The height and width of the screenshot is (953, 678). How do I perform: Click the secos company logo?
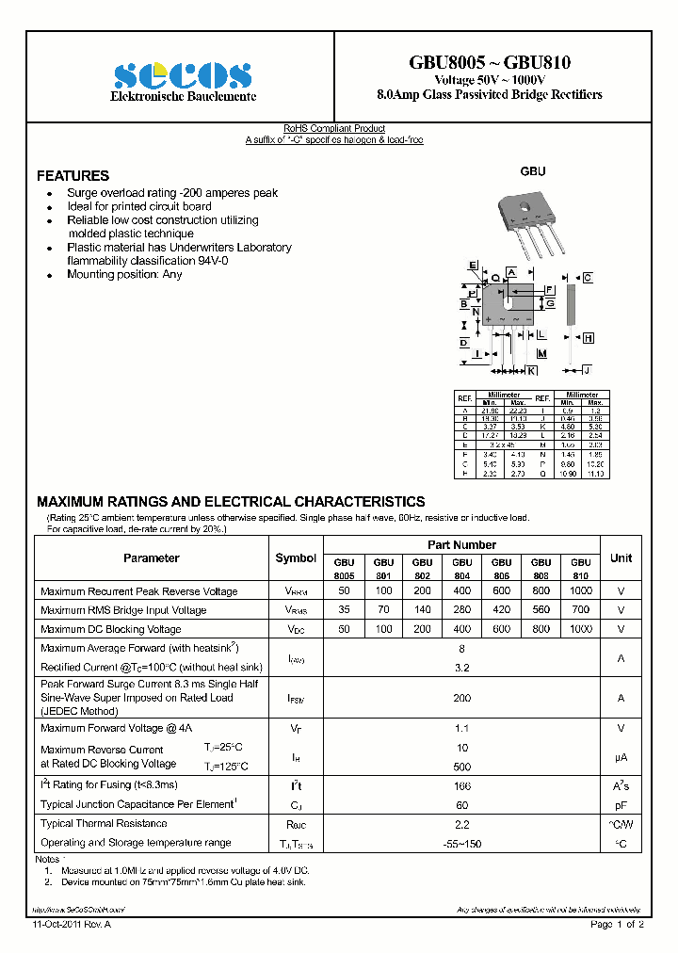183,75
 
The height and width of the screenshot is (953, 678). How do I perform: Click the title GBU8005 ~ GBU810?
489,63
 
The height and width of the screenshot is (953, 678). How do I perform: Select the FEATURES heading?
73,176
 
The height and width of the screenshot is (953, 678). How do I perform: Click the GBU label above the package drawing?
533,172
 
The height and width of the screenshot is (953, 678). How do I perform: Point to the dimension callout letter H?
588,338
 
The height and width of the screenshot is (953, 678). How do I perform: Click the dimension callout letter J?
586,370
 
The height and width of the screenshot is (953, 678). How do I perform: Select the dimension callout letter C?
587,278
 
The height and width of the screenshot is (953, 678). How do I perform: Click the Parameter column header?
151,558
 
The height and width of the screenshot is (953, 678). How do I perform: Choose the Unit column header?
621,558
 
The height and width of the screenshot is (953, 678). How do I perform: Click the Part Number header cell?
461,545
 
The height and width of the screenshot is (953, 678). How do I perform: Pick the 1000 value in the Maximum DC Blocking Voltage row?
581,628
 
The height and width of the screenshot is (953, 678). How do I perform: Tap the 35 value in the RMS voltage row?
344,610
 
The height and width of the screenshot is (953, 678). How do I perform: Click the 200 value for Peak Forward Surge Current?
461,698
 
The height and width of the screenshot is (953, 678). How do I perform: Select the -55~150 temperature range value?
461,843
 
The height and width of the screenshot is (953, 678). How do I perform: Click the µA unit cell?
621,757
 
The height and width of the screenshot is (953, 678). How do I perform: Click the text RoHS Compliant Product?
334,129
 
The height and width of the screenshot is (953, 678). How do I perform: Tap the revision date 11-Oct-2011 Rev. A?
72,925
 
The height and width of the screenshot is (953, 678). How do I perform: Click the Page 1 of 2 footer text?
617,925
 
